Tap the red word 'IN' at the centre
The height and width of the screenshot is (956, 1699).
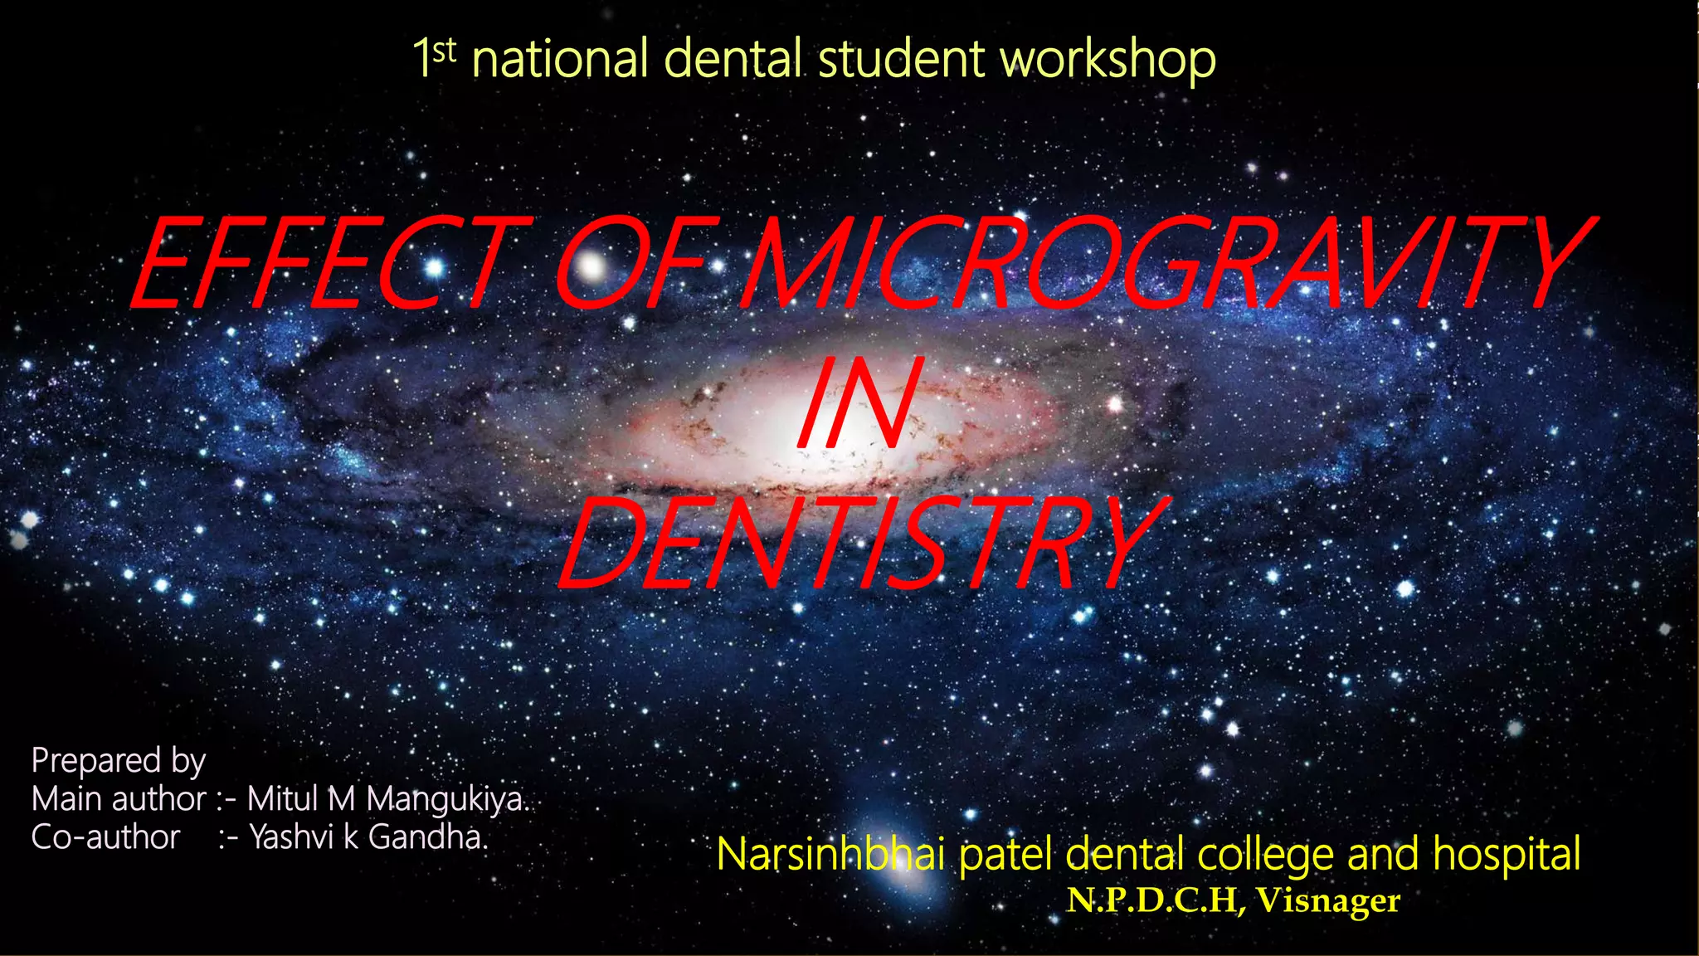[860, 407]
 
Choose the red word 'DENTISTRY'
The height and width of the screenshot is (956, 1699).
[863, 544]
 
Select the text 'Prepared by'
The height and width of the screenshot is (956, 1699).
[118, 761]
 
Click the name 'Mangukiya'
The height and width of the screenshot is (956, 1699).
[445, 799]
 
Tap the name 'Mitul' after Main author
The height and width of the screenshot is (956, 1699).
[283, 799]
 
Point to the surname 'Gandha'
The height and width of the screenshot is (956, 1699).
[426, 837]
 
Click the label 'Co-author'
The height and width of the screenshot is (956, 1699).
[105, 837]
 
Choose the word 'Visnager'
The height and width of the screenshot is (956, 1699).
[1327, 900]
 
